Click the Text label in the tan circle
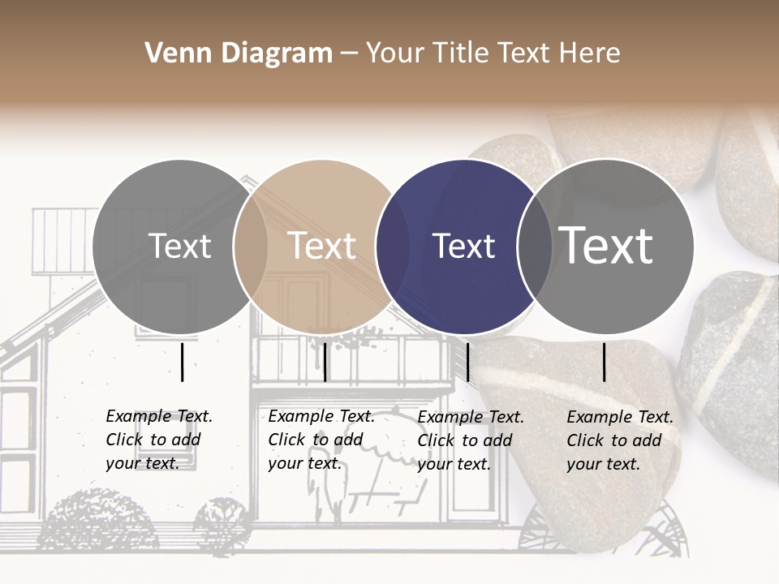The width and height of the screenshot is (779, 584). [x=321, y=246]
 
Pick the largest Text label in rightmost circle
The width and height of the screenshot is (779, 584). [x=605, y=245]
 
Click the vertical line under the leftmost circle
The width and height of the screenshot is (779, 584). [x=182, y=362]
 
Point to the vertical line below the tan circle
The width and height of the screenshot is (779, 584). [x=325, y=362]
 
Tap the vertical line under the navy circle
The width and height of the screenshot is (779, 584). [x=467, y=362]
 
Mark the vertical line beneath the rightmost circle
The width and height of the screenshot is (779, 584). [x=605, y=362]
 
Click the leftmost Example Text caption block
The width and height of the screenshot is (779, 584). [x=159, y=440]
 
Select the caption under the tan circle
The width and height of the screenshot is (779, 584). [x=321, y=440]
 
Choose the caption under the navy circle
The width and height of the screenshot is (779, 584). [x=471, y=440]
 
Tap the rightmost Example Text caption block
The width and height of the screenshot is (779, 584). [x=620, y=440]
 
